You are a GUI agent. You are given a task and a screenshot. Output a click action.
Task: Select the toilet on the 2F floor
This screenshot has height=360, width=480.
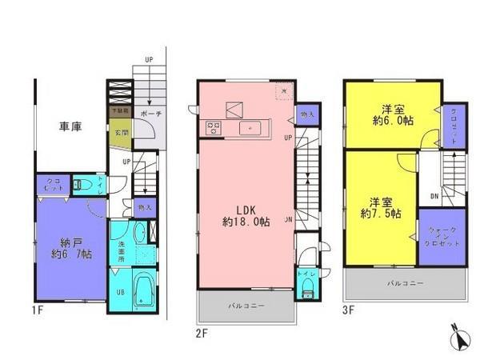coord(306,290)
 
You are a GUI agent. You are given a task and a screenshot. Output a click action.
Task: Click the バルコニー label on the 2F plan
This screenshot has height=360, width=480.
coord(245,305)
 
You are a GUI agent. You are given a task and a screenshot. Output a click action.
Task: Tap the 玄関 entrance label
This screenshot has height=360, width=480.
coord(119,132)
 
